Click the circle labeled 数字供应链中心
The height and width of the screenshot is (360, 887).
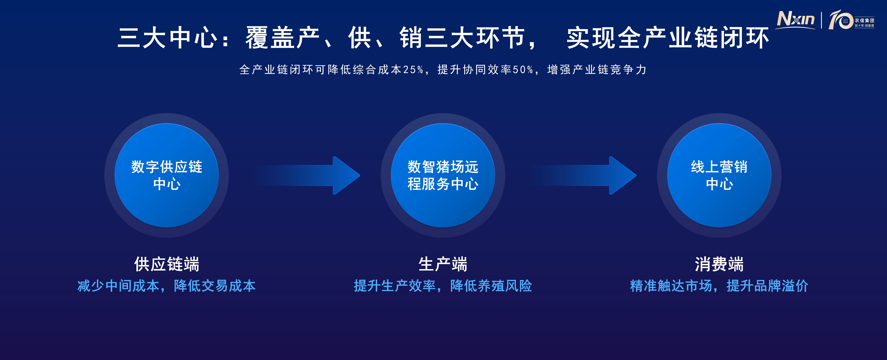coord(167,175)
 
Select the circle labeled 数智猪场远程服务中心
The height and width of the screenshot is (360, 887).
coord(443,175)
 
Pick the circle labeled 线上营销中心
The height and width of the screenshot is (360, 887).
coord(719,175)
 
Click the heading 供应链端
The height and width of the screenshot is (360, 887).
coord(167,264)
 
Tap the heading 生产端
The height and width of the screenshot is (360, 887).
coord(443,264)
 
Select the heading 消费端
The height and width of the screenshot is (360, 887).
coord(719,264)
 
